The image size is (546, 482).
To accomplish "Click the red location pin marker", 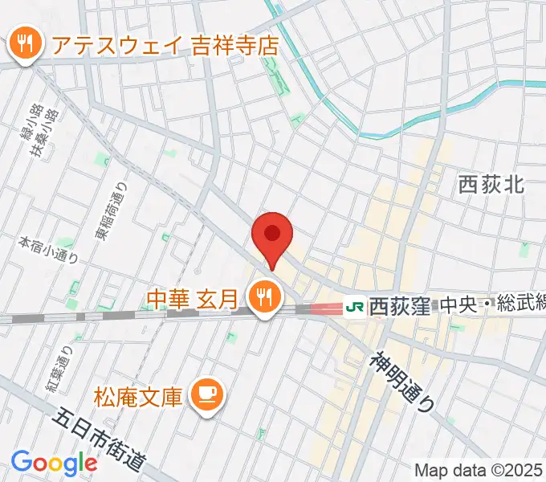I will click(272, 235).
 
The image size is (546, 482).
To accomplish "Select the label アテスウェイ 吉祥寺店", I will click(165, 45).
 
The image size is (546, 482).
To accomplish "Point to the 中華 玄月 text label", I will click(193, 300).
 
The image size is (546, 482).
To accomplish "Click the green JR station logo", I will click(353, 306).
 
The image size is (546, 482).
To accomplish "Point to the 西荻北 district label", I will click(491, 186).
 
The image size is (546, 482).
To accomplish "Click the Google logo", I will click(54, 463).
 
